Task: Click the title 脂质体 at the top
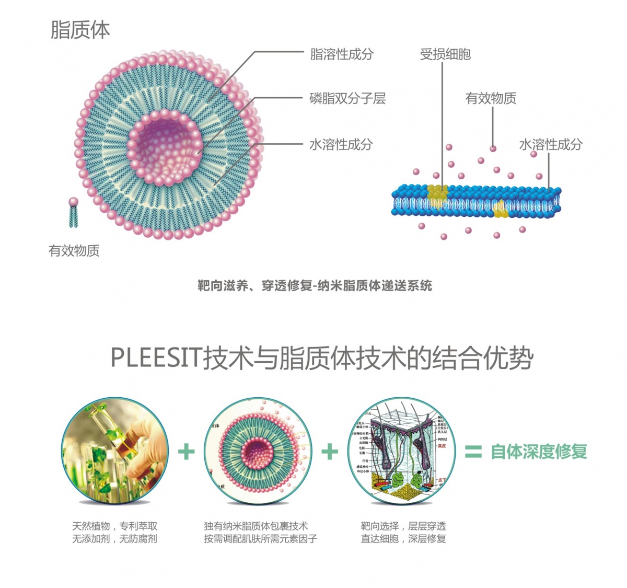[80, 30]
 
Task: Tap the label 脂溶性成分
[342, 54]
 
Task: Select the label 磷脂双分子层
[347, 98]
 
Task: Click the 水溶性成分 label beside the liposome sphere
[341, 144]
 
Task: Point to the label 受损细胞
[445, 54]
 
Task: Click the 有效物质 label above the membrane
[491, 98]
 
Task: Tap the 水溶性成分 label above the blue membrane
[551, 144]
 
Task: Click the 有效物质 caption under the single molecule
[74, 251]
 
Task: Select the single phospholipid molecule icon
[74, 212]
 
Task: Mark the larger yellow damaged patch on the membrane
[438, 195]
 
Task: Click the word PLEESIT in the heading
[156, 359]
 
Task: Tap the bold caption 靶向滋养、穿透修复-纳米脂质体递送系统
[315, 285]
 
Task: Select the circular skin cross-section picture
[401, 451]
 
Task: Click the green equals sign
[473, 452]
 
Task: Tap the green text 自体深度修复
[539, 452]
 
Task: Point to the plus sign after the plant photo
[186, 452]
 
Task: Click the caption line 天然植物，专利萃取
[114, 526]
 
